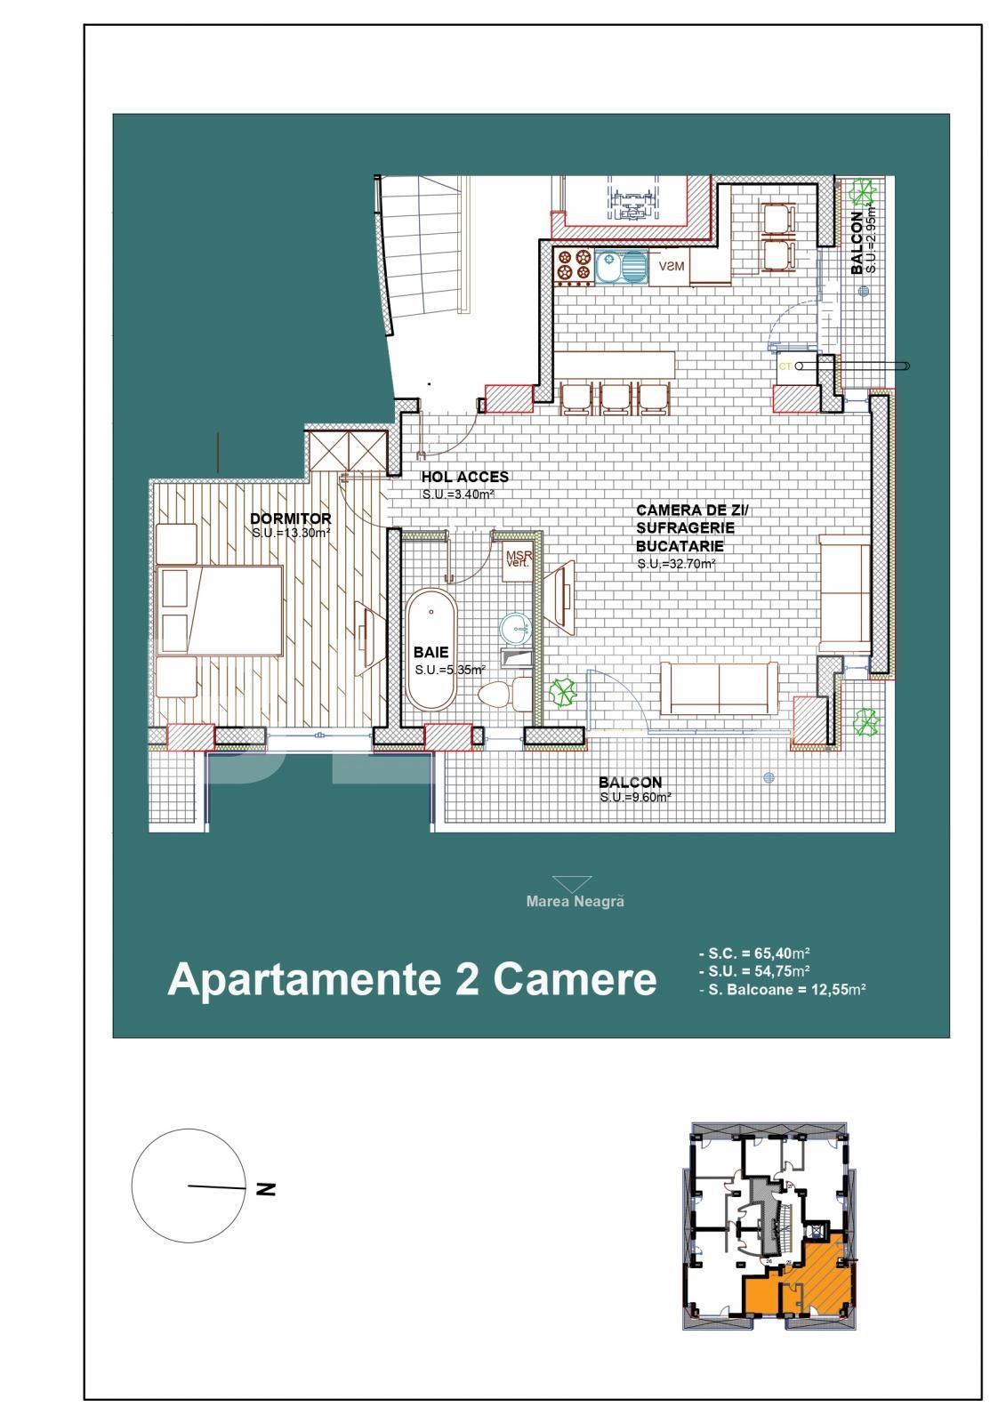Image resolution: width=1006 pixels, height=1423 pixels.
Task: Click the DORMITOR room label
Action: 290,519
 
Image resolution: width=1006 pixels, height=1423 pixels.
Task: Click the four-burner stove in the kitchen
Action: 573,265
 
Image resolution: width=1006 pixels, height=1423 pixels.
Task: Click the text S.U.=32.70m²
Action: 676,564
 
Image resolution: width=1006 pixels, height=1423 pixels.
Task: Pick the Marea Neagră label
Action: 575,901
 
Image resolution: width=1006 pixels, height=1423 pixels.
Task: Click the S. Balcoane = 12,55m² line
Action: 783,988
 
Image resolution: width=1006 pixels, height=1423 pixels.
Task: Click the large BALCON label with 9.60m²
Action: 630,783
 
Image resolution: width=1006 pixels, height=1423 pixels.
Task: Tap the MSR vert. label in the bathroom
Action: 517,559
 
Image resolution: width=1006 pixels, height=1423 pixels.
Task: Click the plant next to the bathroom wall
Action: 561,691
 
